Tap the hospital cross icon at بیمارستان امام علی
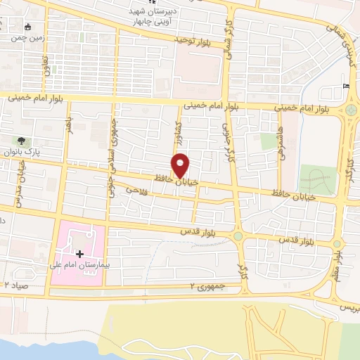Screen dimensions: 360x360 point(79,253)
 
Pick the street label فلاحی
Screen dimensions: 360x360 point(135,190)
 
